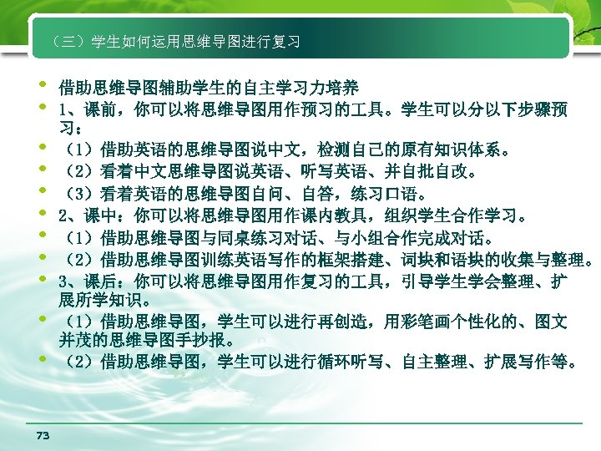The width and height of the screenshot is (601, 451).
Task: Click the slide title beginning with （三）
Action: pyautogui.click(x=175, y=41)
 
